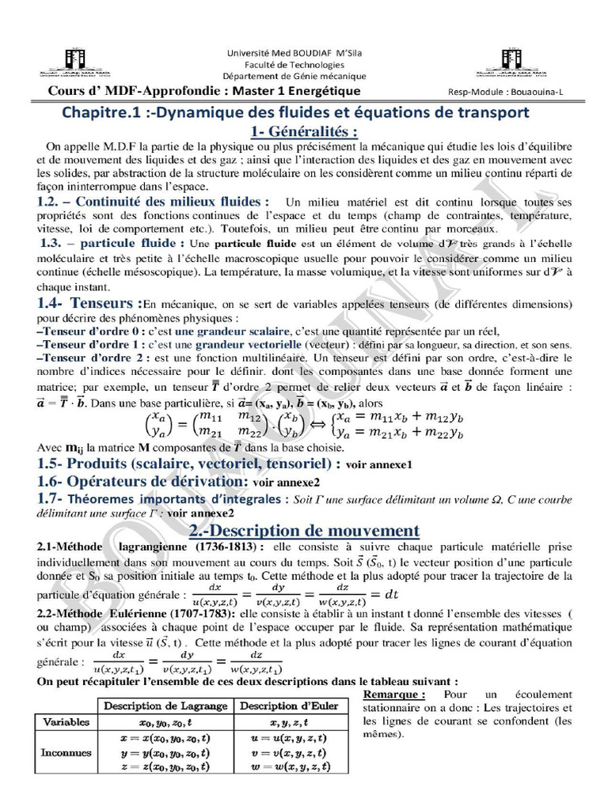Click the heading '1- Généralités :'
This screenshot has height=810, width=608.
(x=304, y=131)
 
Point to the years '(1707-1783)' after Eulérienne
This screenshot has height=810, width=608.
(x=198, y=612)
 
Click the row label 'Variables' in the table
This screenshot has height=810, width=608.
(x=66, y=722)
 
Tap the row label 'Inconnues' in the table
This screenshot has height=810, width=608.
(x=66, y=751)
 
